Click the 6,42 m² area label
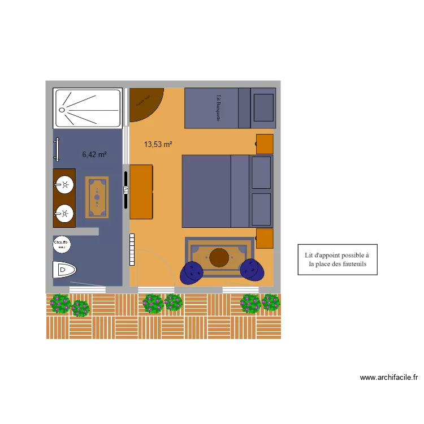94,154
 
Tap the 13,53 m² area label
158,145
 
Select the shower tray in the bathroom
87,107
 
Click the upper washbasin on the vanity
66,184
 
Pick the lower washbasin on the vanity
66,213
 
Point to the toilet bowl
63,271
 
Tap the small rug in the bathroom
97,197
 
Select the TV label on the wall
126,190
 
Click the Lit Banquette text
218,107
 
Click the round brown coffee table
219,258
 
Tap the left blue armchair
192,272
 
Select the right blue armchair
252,270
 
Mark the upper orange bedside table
265,144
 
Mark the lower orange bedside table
265,239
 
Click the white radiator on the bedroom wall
132,249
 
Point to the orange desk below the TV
141,192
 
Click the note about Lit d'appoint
338,259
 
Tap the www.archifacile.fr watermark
388,378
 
